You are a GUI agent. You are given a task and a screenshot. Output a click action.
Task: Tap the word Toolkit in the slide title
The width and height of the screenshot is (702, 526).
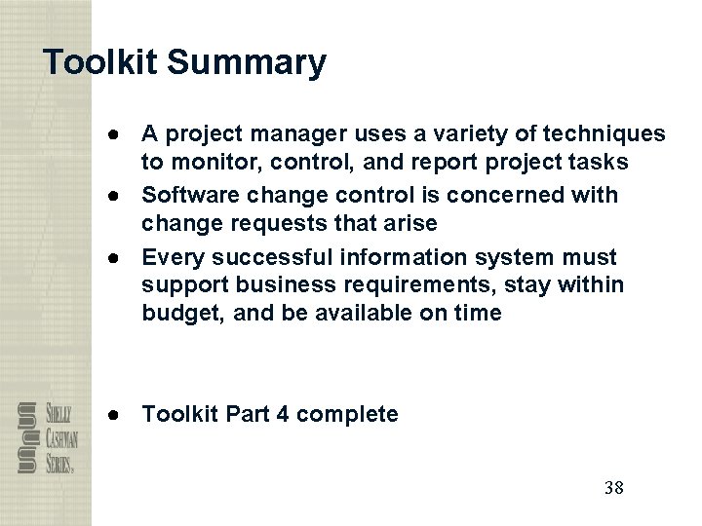[101, 63]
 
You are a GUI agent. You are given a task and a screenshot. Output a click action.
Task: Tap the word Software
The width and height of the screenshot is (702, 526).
[187, 194]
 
